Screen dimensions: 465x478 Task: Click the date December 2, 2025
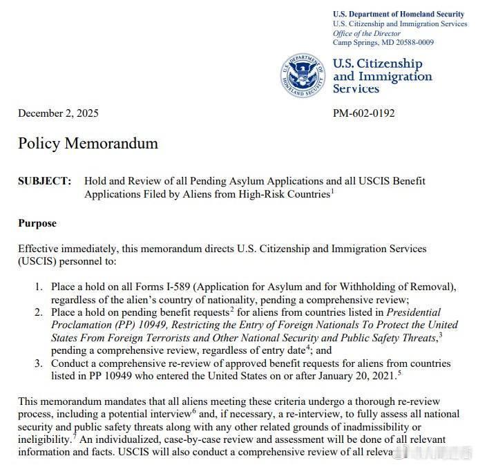point(59,113)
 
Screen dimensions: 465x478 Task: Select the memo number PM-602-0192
point(364,113)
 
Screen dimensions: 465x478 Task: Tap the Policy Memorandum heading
point(88,144)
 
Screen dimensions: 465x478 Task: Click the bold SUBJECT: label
point(44,181)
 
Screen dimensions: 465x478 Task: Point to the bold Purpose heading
point(37,223)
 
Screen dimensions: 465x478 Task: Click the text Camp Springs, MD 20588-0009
point(383,42)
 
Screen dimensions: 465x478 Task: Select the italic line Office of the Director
point(367,33)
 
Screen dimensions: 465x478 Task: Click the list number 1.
point(39,286)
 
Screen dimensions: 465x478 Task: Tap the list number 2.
point(39,312)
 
